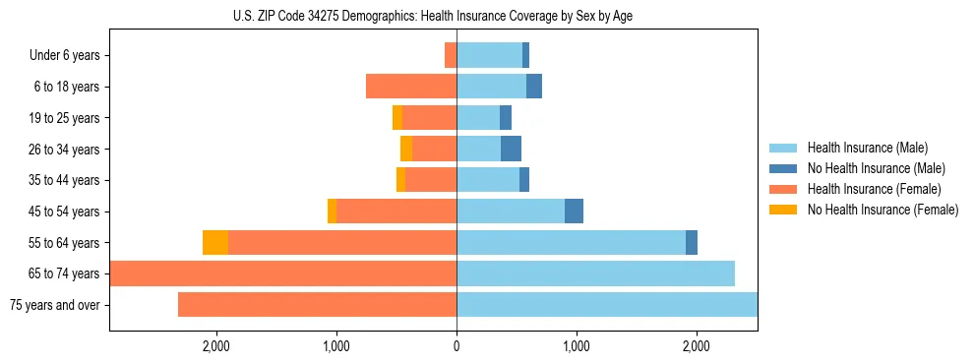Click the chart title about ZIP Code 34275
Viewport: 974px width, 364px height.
[433, 16]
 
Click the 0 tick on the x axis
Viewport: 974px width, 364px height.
[457, 346]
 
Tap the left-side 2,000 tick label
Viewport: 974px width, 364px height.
[215, 346]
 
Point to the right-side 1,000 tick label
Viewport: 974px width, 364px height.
[576, 346]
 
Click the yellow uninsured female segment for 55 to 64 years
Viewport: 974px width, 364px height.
[215, 242]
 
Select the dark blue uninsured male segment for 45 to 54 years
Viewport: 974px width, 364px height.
[574, 212]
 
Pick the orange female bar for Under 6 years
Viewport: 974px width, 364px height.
[451, 55]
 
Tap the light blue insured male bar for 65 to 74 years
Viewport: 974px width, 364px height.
[595, 273]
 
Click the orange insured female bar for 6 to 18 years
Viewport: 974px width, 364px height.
[411, 87]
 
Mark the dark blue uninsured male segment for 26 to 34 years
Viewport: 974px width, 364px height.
[511, 149]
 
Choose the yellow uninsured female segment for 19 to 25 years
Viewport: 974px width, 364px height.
[396, 118]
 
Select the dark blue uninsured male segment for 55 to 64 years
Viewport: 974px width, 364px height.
[692, 242]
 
